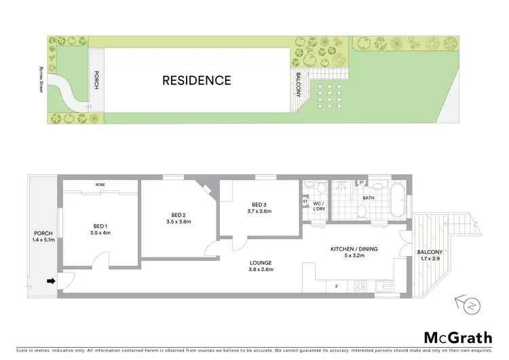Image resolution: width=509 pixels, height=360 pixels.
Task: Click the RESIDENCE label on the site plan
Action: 196,80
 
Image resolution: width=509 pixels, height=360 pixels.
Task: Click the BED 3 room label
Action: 261,207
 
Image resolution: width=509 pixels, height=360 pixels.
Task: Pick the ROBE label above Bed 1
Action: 100,185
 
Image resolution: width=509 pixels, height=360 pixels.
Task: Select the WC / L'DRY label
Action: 317,206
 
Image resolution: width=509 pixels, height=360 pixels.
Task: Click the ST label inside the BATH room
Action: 361,183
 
